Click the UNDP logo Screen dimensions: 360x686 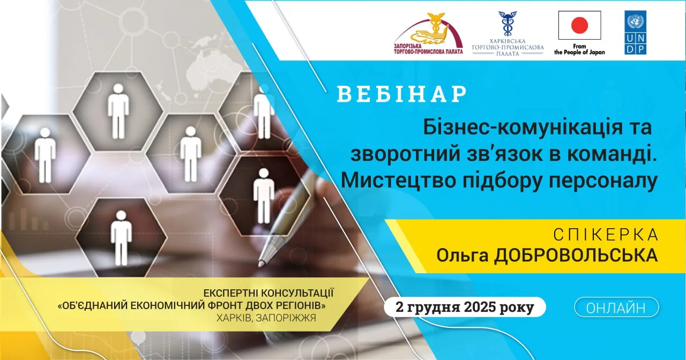tap(635, 32)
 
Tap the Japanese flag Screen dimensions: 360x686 tap(579, 25)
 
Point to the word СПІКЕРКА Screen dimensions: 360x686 tap(606, 235)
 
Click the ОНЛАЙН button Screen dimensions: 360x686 tap(616, 307)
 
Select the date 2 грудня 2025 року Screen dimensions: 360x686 tap(465, 307)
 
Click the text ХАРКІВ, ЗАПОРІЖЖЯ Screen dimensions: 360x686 tap(266, 318)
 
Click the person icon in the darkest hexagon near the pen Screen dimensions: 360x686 tap(263, 196)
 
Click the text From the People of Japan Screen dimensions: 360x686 tap(579, 49)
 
